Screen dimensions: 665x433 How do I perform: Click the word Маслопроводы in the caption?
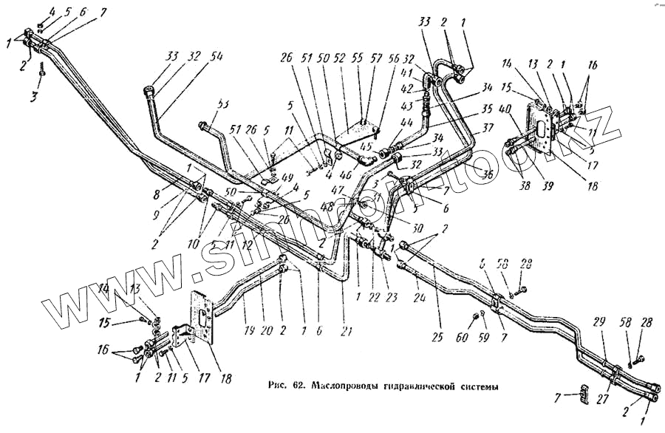coord(347,386)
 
